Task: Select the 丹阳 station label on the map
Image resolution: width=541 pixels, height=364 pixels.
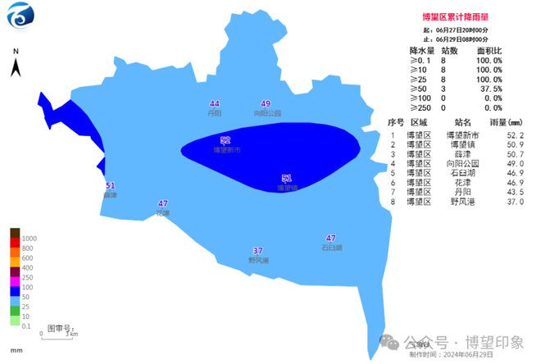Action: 215,113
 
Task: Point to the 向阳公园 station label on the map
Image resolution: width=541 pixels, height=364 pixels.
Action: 266,113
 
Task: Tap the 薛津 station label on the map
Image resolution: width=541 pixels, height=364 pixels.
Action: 110,195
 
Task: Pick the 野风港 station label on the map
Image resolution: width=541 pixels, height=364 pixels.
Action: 258,260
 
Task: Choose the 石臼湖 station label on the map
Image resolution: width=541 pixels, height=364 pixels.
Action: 331,247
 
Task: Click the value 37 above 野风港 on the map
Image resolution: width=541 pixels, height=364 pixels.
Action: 258,251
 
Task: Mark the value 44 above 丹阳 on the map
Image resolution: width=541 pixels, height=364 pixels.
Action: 215,104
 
